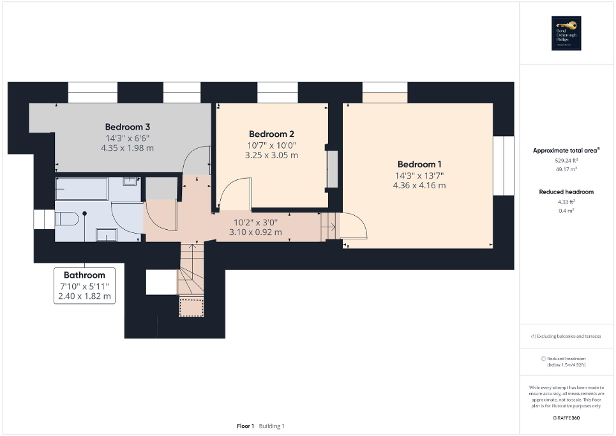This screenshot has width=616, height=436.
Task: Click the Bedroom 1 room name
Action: coord(419,163)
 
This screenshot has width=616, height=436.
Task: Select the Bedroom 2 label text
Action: coord(271,134)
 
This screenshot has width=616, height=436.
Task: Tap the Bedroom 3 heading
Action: coord(127,126)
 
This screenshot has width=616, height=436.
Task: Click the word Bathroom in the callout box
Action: coord(84,275)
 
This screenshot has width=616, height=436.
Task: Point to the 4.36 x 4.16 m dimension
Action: coord(419,185)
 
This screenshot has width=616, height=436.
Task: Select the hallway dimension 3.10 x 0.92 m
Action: coord(255,232)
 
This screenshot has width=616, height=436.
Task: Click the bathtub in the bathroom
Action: coord(81,188)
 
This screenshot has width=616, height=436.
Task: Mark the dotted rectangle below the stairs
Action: coord(191,308)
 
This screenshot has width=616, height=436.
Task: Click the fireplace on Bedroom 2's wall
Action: coord(332,169)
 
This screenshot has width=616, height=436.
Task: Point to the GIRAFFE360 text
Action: coord(566,417)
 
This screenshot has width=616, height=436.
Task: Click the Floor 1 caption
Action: coord(246,426)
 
